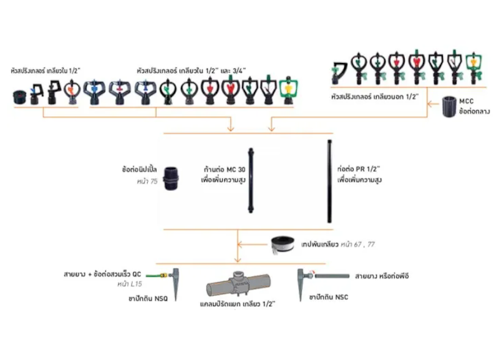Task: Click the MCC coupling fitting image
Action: pos(449,107)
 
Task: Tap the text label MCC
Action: pos(466,101)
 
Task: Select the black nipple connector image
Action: pos(171,178)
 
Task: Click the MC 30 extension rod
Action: pos(251,180)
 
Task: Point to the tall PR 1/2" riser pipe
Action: pos(329,181)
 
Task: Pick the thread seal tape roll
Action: pos(283,245)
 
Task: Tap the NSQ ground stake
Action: pos(176,285)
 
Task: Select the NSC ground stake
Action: pos(301,285)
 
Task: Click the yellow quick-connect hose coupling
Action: pos(163,275)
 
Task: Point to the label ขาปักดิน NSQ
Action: pos(148,299)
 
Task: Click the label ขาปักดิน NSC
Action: pos(329,297)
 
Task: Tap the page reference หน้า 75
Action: pos(147,182)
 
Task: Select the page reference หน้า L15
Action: pos(130,284)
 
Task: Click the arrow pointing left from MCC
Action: pos(434,104)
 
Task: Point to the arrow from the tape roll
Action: pos(253,245)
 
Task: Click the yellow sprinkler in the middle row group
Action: pos(288,90)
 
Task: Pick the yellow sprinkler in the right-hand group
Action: pos(474,68)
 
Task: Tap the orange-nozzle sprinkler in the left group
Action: pos(72,92)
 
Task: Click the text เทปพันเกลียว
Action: pos(319,245)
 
